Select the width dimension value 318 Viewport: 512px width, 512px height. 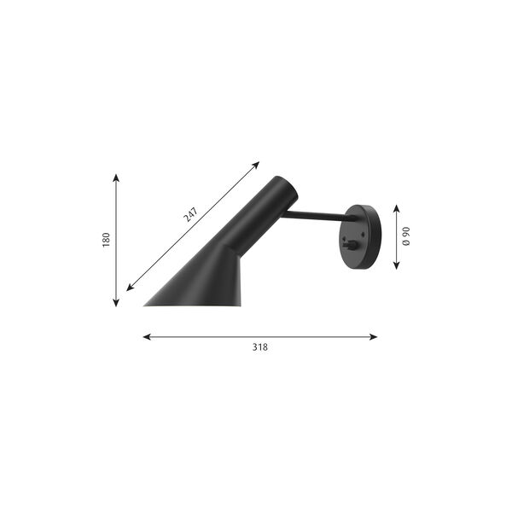pyautogui.click(x=259, y=348)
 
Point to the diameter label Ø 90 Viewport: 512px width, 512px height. pyautogui.click(x=407, y=236)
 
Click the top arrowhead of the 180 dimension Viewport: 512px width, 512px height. pyautogui.click(x=116, y=177)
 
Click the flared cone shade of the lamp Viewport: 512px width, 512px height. pyautogui.click(x=205, y=282)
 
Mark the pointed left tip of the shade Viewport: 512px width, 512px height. pyautogui.click(x=146, y=304)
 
